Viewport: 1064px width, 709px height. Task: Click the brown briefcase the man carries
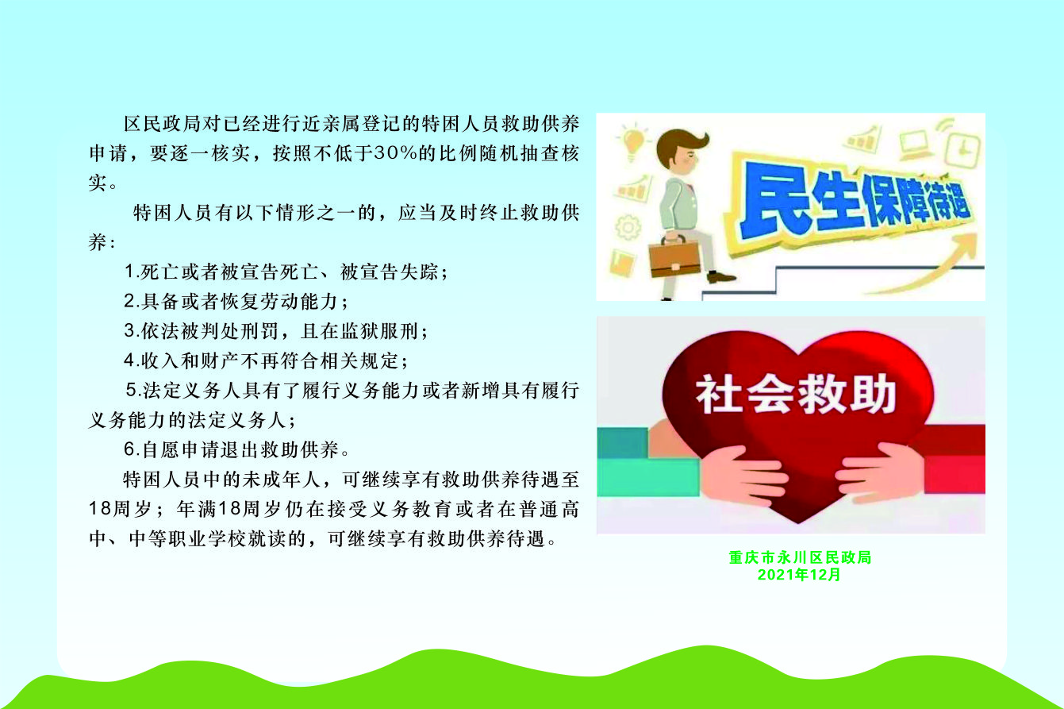pos(674,257)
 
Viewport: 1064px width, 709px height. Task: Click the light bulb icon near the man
pos(632,141)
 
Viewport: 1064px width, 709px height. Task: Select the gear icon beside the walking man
pos(628,228)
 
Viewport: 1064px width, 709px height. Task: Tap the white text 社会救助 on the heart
pos(796,394)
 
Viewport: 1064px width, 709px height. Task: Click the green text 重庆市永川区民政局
pos(801,557)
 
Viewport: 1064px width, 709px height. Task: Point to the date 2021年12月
pos(799,575)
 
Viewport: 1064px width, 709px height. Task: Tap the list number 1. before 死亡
pos(131,272)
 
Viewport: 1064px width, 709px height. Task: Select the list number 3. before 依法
pos(131,331)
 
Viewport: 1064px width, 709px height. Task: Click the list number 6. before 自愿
pos(131,449)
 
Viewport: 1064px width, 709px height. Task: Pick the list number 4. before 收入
pos(131,360)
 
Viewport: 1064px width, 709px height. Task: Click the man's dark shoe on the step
pos(720,276)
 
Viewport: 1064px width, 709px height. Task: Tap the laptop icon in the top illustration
pos(914,144)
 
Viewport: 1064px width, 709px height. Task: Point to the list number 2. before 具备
pos(131,301)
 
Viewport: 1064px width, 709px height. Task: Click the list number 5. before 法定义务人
pos(133,390)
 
